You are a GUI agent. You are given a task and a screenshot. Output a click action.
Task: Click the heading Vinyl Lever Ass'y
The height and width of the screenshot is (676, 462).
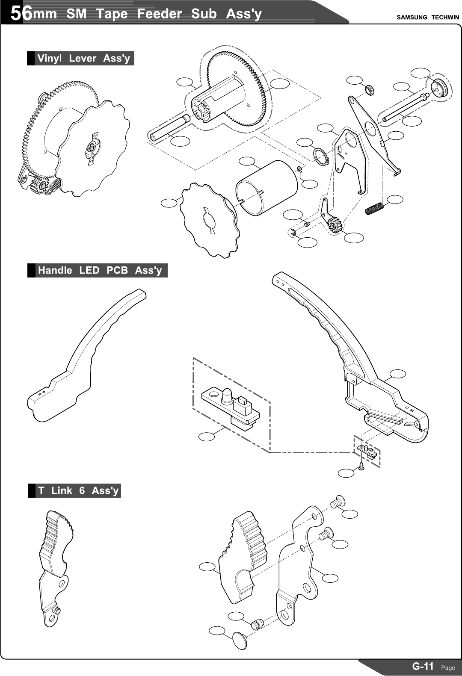83,58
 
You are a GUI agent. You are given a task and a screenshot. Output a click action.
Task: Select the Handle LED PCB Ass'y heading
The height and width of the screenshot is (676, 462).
100,270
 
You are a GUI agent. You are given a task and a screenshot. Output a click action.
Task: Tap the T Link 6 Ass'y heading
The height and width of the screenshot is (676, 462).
78,490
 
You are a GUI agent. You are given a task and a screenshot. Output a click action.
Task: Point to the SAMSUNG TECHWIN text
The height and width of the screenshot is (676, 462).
427,17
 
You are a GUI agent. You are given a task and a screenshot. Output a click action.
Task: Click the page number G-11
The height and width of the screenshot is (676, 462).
423,666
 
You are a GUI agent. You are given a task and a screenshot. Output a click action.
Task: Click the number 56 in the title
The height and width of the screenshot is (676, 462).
21,14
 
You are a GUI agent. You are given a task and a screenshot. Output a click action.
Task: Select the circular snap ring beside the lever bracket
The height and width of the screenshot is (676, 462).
320,155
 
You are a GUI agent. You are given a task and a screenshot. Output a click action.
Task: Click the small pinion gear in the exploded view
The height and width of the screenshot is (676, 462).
335,224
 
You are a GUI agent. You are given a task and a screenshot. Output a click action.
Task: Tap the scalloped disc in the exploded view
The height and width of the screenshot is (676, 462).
209,220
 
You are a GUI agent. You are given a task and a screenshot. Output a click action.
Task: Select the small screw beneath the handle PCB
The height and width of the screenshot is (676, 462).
361,466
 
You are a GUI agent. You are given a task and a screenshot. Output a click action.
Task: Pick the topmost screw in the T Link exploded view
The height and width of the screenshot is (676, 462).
338,500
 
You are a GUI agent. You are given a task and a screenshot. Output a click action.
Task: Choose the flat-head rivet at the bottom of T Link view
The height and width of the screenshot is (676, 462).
240,640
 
